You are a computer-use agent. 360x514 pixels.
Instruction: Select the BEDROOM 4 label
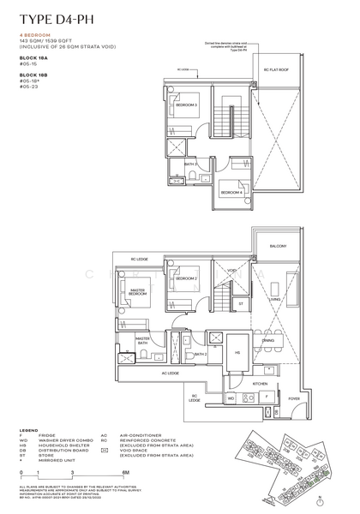point(231,194)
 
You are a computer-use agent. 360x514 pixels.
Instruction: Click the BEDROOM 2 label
point(189,279)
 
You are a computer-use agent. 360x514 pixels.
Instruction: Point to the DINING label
point(268,340)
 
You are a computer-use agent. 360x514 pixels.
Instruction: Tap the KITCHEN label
point(237,384)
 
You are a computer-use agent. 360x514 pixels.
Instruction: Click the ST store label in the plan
point(242,303)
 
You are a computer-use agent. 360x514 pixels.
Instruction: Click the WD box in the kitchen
point(231,399)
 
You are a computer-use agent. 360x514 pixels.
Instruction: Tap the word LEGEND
point(27,430)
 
